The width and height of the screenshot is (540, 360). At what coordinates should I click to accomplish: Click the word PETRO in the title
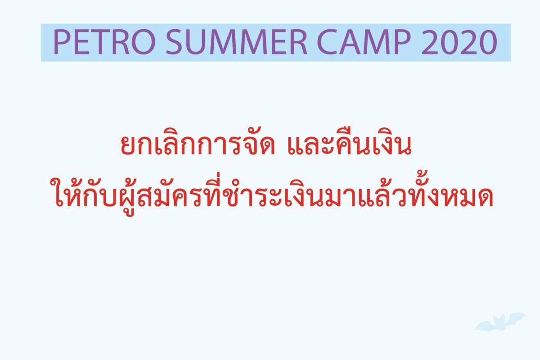[104, 42]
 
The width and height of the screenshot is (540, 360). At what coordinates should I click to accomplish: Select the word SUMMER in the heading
[236, 42]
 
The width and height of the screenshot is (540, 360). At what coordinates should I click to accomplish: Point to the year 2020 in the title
[459, 42]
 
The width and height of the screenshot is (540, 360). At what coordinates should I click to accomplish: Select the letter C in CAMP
[328, 42]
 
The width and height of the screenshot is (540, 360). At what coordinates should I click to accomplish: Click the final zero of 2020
[488, 42]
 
